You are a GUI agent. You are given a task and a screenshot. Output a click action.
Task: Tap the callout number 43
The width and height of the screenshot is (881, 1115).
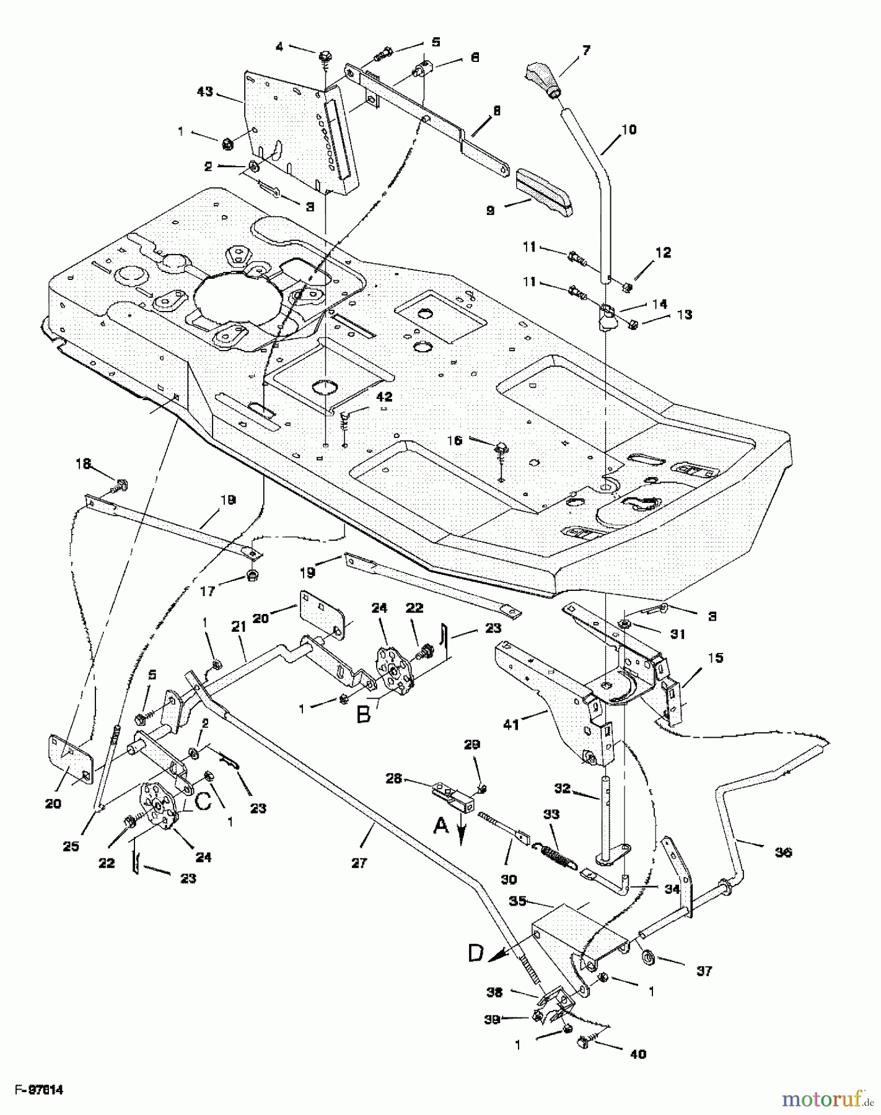204,92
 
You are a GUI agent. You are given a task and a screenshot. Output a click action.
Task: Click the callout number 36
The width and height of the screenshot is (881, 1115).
783,852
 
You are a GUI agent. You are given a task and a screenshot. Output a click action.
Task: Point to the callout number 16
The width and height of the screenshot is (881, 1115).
454,440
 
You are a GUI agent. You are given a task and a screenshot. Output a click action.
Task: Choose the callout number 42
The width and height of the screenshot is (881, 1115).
384,396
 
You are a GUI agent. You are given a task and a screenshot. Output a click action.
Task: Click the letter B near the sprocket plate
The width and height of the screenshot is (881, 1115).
364,715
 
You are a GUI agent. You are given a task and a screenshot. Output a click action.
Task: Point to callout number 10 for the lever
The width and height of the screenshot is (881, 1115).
628,130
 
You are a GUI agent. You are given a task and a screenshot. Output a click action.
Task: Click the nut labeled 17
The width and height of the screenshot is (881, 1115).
252,573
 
